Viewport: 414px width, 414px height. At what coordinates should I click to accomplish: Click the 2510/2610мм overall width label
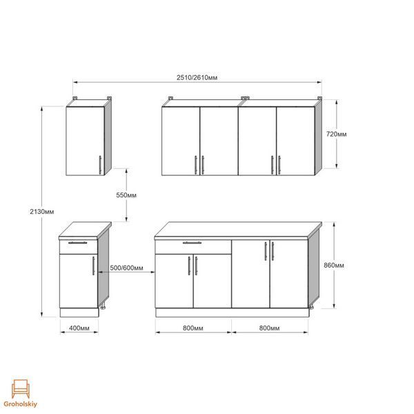197,77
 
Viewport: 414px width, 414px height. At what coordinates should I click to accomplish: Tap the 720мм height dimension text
337,134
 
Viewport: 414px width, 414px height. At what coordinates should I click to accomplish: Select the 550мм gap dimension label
126,195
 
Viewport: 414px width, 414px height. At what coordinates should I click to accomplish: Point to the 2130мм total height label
41,212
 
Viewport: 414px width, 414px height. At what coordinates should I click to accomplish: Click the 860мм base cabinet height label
334,265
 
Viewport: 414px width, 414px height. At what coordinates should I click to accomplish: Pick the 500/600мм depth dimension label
126,268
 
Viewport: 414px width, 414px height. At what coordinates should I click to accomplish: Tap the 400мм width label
79,328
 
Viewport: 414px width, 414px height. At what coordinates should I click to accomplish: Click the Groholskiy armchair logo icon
20,388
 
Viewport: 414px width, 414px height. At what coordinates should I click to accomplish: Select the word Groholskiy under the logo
21,404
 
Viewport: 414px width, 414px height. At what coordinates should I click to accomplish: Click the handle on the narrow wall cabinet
100,165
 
